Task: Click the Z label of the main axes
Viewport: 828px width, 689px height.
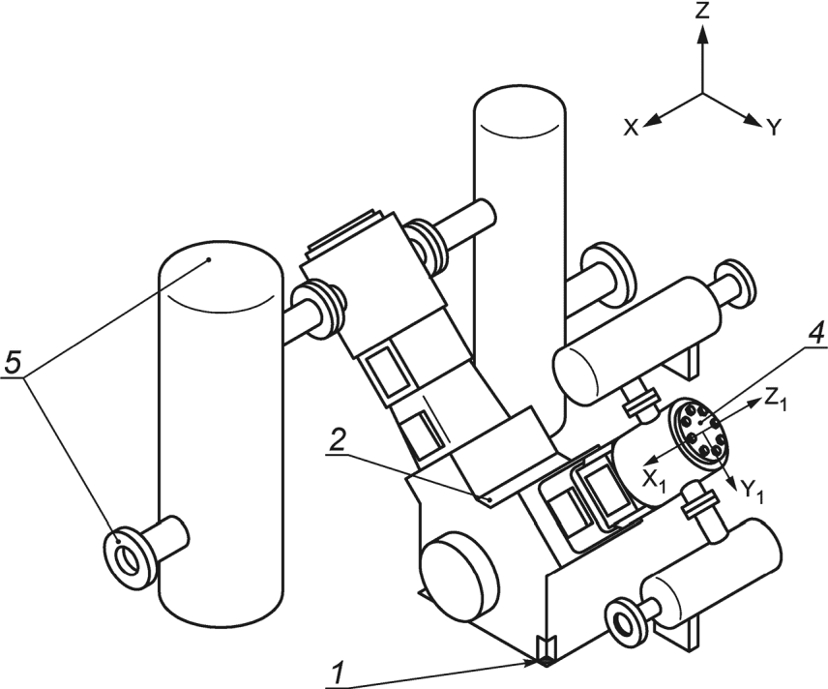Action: [702, 11]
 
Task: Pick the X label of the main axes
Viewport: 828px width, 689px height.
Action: [631, 128]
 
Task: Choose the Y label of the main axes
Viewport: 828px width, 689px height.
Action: [773, 128]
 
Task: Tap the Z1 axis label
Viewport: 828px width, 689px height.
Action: [776, 402]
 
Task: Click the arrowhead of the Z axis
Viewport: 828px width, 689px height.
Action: [702, 34]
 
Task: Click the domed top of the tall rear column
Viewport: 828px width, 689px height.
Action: [520, 111]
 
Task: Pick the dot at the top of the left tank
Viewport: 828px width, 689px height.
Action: [210, 260]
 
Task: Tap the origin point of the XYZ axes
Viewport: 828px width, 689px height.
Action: [702, 94]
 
